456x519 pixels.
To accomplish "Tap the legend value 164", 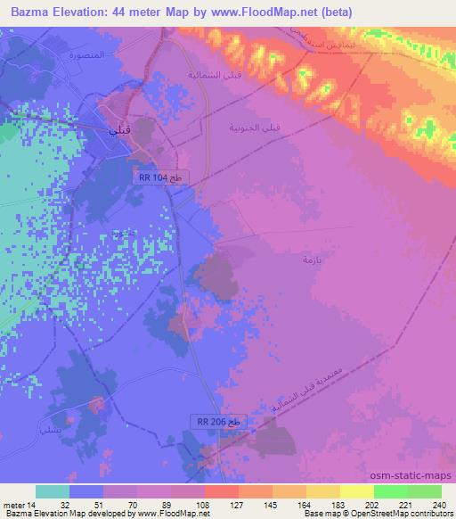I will click(x=306, y=504).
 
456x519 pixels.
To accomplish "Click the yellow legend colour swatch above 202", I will click(x=357, y=491).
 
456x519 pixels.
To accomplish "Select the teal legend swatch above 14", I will click(x=52, y=491).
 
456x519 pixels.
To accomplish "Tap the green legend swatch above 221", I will click(x=391, y=491).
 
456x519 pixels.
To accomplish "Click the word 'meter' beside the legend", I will click(x=13, y=504).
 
